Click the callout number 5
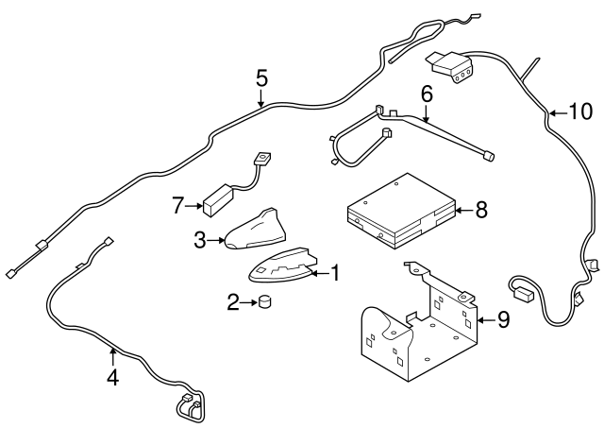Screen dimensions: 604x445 tap(261, 78)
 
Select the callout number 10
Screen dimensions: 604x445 tap(580, 111)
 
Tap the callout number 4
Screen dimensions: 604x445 tap(112, 377)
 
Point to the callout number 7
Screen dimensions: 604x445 tap(177, 206)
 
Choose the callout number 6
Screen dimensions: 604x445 tap(427, 94)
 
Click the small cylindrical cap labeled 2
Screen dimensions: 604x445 tap(264, 301)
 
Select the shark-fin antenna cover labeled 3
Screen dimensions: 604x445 tap(256, 231)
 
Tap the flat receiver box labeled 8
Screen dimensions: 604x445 tap(401, 212)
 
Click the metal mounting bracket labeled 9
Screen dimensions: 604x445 tap(420, 324)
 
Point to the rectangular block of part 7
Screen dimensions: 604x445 tap(218, 199)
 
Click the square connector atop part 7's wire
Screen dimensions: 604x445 tap(262, 158)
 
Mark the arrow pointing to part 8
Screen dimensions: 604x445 tap(464, 211)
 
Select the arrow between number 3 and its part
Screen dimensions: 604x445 tap(216, 241)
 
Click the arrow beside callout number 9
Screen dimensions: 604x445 tap(486, 320)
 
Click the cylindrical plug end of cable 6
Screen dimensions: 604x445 tap(489, 156)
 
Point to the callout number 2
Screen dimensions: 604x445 tap(233, 302)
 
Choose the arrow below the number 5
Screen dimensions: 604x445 tap(261, 98)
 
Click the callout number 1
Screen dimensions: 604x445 tap(336, 273)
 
